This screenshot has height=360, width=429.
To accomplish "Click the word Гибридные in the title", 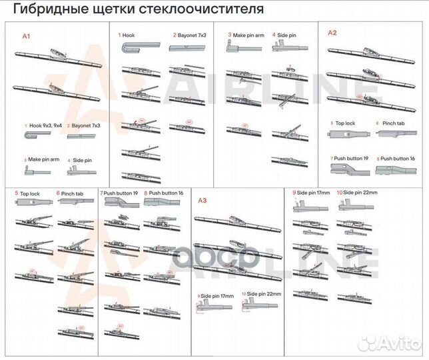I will pos(48,11).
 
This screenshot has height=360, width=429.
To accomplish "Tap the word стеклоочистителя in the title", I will pos(203,11).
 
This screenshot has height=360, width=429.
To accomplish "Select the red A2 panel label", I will pos(332,32).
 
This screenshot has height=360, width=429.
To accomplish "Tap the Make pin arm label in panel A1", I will pos(44,160).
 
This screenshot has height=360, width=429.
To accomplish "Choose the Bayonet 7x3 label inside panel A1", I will pos(86,125).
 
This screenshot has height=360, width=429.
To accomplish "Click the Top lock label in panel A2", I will pos(346,124).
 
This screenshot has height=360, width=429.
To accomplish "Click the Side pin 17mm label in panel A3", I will pos(217,295).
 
